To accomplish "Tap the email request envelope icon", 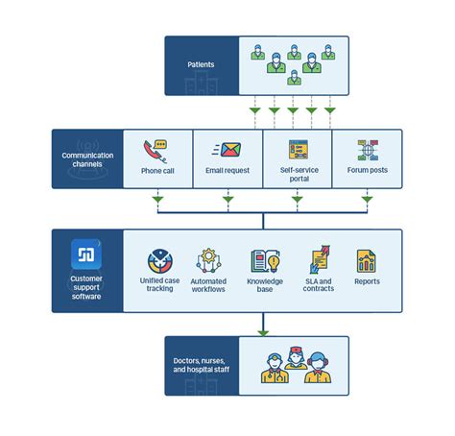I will pos(228,151).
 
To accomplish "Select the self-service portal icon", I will pos(298,151).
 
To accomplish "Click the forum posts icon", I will pos(367,151).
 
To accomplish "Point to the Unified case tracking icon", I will pos(160,260).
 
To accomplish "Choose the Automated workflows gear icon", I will pos(211,260).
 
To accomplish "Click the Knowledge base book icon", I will pos(264,260).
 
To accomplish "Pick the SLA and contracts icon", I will pos(318,260).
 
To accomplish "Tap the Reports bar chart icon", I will pos(367,260).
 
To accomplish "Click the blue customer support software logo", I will pos(87,255).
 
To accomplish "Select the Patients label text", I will pos(202,65).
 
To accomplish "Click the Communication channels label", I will pos(87,159).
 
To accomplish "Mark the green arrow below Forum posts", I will pos(367,201).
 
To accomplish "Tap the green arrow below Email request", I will pos(228,201).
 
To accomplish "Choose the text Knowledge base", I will pos(264,285).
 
